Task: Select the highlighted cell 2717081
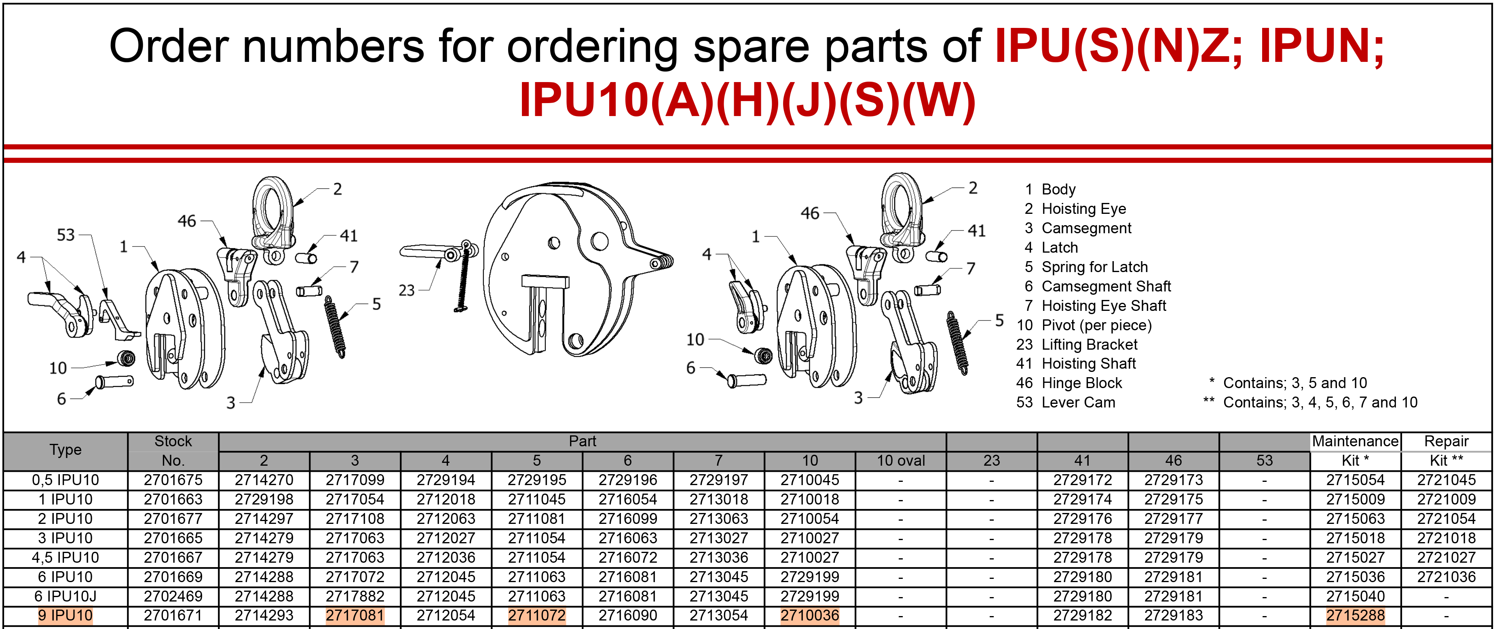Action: click(355, 616)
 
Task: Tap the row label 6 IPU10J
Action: click(65, 597)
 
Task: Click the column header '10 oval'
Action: click(900, 461)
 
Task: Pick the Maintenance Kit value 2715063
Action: click(1355, 519)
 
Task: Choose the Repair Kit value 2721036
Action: click(1446, 577)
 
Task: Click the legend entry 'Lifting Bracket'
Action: click(1090, 345)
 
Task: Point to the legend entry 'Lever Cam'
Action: click(1078, 403)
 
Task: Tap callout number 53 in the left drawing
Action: click(65, 235)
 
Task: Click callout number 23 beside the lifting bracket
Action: click(406, 290)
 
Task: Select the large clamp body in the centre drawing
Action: click(574, 270)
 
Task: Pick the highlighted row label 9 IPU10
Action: click(65, 616)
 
